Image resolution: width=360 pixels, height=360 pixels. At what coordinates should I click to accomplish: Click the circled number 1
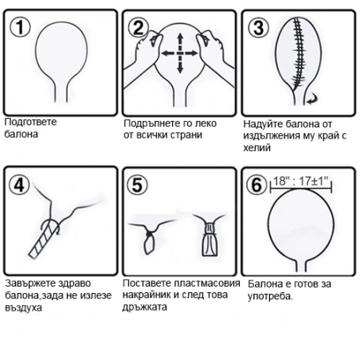point(20,28)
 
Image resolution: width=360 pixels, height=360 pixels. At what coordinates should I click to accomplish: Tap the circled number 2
point(139,28)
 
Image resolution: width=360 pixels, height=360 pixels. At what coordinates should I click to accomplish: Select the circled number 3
point(259,28)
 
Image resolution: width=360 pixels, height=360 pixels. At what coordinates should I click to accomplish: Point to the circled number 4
point(19,185)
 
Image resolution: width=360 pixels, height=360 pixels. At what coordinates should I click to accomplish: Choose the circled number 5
point(137,185)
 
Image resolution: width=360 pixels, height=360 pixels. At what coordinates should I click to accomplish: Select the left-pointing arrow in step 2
point(168,53)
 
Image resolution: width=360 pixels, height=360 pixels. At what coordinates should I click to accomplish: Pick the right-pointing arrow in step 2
point(192,53)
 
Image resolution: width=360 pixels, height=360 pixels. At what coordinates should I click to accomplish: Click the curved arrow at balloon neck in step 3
point(312,99)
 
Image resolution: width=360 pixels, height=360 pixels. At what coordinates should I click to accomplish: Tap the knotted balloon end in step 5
point(150,241)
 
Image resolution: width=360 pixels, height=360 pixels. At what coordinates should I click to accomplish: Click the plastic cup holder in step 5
point(209,240)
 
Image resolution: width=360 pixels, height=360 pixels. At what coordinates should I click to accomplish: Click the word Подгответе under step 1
point(31,122)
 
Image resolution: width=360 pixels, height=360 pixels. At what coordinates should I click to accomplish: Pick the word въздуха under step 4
point(24,308)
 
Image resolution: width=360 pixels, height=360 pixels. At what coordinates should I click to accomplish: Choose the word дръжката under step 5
point(145,307)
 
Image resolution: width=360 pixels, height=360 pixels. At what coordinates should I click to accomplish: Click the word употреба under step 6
point(270,296)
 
